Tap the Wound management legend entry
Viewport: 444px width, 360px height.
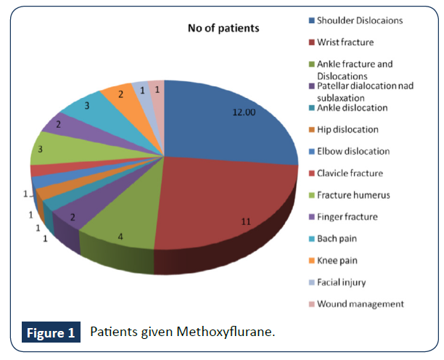(361, 303)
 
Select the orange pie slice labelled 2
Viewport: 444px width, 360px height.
(118, 95)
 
